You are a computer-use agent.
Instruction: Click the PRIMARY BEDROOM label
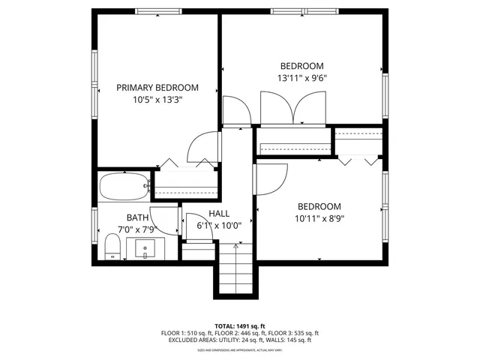point(157,87)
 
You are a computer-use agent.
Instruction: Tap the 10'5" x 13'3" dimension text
point(157,99)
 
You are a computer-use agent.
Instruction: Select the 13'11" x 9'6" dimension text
point(301,77)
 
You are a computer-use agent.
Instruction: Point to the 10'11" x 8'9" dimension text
point(319,219)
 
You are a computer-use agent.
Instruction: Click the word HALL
point(219,214)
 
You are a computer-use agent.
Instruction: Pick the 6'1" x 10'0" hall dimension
point(219,225)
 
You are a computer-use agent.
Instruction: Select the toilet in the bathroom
point(112,246)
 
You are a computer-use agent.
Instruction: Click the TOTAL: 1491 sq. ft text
point(239,326)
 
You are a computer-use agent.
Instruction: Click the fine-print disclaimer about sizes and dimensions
point(239,349)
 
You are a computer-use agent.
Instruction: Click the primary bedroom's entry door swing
point(202,146)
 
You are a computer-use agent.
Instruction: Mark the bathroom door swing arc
point(165,222)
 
